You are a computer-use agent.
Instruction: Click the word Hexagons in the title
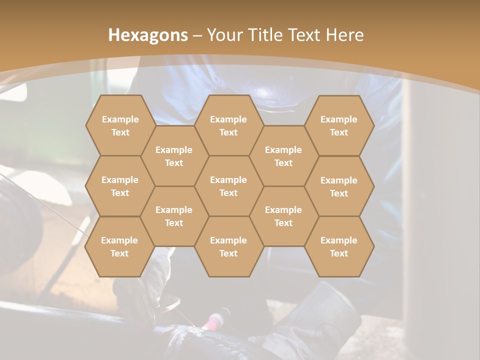point(148,35)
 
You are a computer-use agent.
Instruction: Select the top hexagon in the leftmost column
point(120,125)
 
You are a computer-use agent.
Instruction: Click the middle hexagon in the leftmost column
point(120,186)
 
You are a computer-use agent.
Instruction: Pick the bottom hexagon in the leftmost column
point(119,246)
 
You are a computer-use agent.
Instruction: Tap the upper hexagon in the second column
point(174,156)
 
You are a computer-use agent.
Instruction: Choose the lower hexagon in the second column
point(174,216)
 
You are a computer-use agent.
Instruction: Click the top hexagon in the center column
point(228,125)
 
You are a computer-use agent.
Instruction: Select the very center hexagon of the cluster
point(228,186)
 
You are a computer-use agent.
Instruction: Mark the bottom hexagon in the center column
point(228,246)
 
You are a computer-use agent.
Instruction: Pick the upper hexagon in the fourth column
point(283,156)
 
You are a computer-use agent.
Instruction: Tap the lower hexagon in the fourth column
point(283,216)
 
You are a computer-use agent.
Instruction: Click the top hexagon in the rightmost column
point(339,125)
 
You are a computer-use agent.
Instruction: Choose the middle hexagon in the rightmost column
point(339,186)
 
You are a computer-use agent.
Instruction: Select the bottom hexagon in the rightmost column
point(339,246)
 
